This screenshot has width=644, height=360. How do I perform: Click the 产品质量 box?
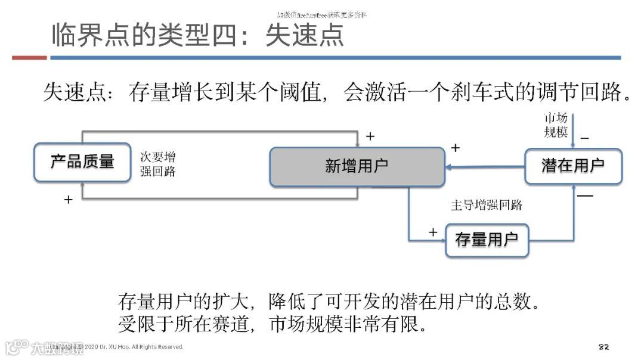coord(82,162)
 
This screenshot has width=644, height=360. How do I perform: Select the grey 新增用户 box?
coord(357,166)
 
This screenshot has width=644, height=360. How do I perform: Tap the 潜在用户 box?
coord(572,166)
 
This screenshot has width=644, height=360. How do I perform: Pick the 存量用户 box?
coord(487,240)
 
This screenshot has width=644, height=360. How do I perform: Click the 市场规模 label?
coord(556,125)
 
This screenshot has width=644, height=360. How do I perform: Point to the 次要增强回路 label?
coord(158,165)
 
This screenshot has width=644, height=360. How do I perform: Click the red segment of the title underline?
coord(29,58)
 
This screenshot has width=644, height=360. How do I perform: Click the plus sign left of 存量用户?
coord(433,232)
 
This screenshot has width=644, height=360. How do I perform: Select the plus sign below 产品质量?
coord(68,200)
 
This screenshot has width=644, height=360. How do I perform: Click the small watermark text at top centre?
coord(322,14)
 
